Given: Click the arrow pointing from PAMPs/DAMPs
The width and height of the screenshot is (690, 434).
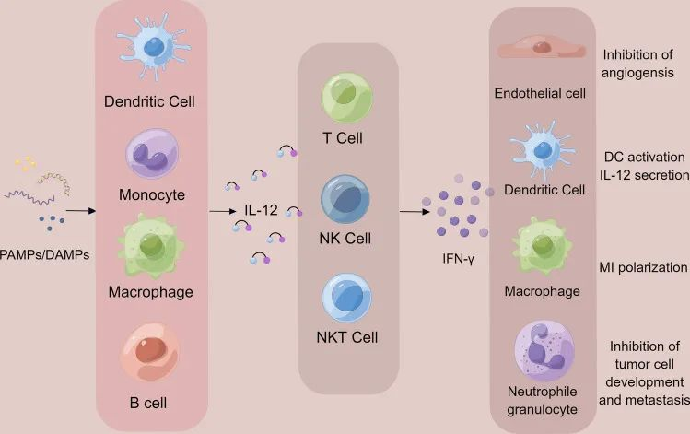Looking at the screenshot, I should [x=82, y=211].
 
